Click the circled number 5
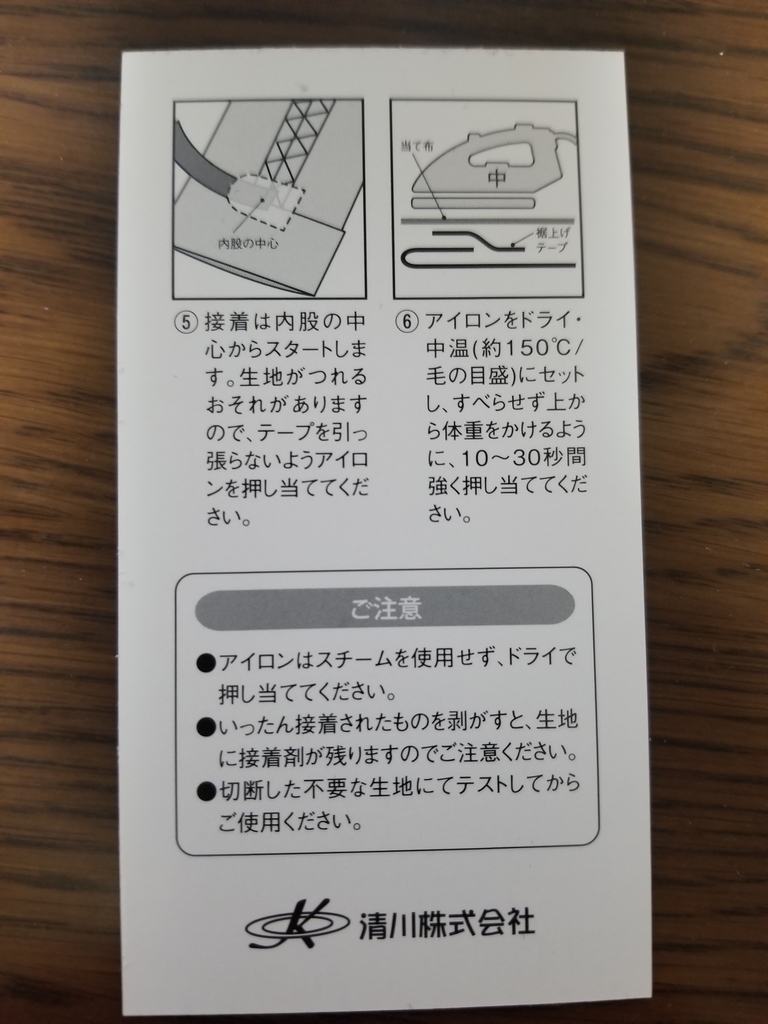(186, 323)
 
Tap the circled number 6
(406, 323)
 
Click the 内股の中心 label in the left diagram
(247, 243)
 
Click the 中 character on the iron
(497, 178)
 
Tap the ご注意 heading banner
(385, 608)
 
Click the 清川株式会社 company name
(446, 923)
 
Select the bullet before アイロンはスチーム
(205, 662)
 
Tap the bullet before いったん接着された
(205, 727)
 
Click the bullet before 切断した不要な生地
(205, 792)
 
